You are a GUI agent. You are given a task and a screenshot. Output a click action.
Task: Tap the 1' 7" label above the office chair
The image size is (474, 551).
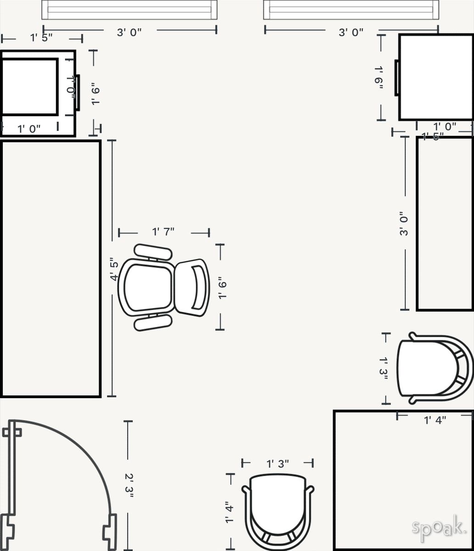coord(163,231)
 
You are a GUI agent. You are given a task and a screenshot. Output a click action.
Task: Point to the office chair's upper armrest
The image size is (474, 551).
coord(153,252)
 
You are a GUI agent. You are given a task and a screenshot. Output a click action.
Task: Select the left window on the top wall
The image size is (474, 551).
coord(129,10)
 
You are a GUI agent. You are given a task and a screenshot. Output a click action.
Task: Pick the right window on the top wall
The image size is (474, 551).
coord(351,10)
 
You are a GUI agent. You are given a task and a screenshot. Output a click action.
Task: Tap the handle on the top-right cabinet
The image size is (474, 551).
coord(396,77)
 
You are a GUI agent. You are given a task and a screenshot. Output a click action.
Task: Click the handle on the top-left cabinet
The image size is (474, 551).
coord(78,92)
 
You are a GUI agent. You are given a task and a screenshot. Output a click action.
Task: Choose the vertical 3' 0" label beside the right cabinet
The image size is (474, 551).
coord(404,224)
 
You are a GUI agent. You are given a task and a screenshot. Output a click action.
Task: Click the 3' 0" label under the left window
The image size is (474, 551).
coord(129,32)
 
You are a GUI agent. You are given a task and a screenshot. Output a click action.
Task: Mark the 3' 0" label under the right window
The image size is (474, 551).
coord(351,32)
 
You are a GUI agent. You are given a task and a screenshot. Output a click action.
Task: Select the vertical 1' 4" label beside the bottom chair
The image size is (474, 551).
coord(229,512)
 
